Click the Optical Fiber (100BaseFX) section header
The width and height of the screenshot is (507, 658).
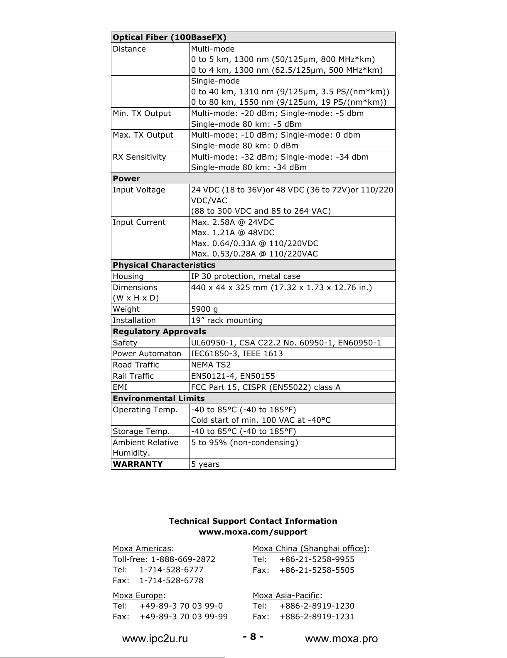[170, 37]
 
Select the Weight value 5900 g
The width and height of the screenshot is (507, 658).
[204, 309]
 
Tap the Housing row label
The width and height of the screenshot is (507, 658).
[128, 276]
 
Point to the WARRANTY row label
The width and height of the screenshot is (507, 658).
[138, 464]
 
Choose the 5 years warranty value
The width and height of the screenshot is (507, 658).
[205, 464]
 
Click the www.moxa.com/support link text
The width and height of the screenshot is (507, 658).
[253, 532]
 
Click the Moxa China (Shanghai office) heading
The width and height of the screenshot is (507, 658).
[310, 548]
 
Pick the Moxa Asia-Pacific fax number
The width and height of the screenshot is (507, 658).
[317, 616]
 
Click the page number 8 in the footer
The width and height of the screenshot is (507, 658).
[253, 636]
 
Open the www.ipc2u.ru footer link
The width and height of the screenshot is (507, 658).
[155, 639]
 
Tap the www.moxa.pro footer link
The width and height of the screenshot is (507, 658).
[341, 639]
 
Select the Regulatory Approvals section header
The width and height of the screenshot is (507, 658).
[159, 331]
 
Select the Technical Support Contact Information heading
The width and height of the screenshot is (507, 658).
[253, 521]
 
